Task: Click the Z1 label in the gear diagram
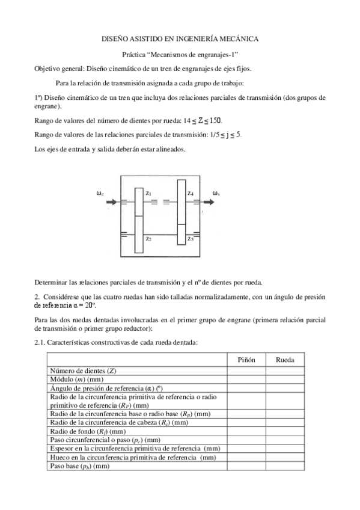(x=148, y=193)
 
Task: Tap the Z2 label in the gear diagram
(x=148, y=239)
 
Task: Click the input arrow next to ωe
(x=112, y=203)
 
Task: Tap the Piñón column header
(x=245, y=359)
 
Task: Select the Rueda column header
(x=284, y=359)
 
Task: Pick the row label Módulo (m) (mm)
(x=79, y=379)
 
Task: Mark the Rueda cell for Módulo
(x=284, y=379)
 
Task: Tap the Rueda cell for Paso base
(x=284, y=466)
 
